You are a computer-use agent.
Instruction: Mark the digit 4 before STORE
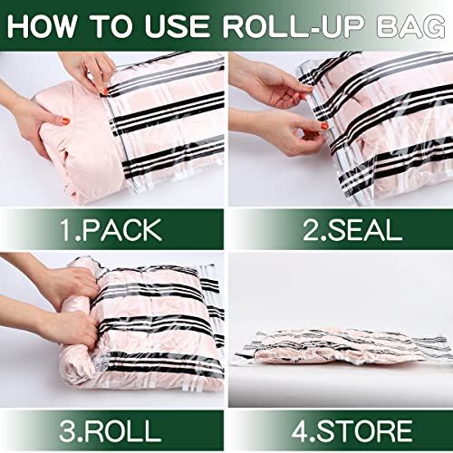click(292, 427)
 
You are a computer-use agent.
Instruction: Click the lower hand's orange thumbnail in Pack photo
click(64, 122)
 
